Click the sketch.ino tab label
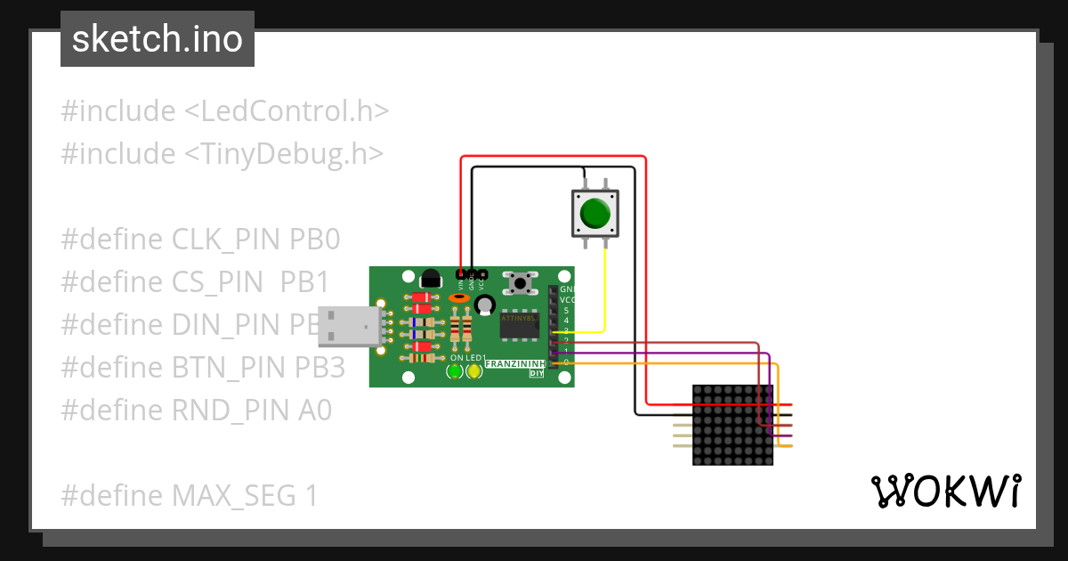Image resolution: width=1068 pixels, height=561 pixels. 158,39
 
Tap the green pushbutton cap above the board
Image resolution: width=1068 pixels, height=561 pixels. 595,214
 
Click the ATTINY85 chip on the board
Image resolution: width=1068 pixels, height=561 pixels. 519,327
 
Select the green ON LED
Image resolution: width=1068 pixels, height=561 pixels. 455,371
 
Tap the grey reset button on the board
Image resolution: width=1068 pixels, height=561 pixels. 521,284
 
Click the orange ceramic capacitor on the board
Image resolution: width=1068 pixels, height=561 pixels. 459,299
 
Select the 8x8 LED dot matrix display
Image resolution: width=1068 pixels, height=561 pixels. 732,425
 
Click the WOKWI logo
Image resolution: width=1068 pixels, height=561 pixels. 944,492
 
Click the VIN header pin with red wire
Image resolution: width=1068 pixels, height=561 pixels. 460,272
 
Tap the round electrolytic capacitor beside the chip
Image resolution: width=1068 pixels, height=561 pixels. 484,305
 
